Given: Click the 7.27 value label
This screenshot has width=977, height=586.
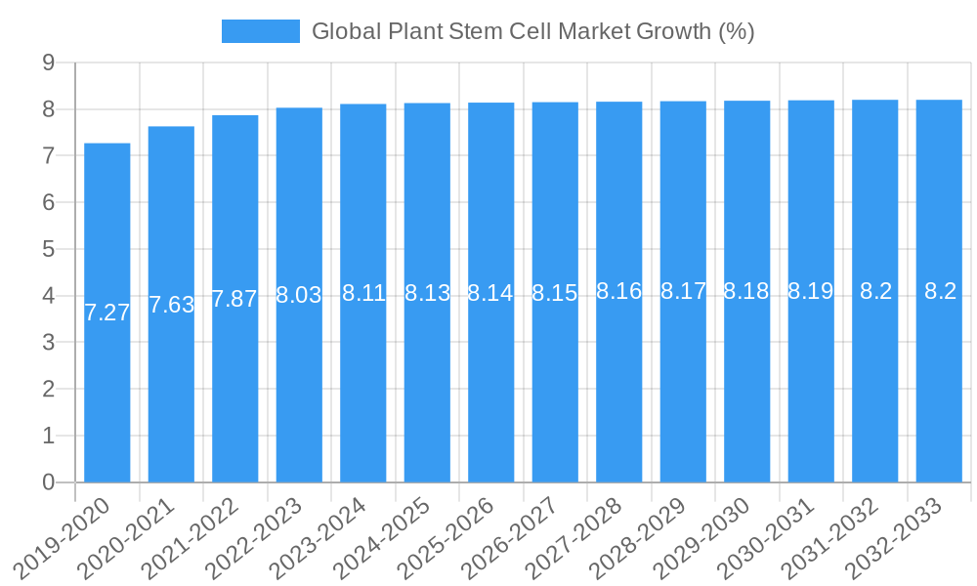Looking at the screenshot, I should point(107,313).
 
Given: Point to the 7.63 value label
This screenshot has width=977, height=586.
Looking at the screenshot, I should point(171,305).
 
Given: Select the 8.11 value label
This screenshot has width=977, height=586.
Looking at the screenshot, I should point(363,293).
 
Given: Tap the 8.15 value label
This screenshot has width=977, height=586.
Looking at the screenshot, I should point(555,293).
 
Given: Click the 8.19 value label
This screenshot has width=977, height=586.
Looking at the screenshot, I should point(811,291).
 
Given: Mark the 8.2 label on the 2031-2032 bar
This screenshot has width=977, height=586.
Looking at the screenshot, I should point(875,291).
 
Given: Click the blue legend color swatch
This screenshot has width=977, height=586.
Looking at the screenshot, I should point(260,31).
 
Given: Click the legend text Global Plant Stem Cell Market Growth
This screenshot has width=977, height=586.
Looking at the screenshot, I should point(532,31).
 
